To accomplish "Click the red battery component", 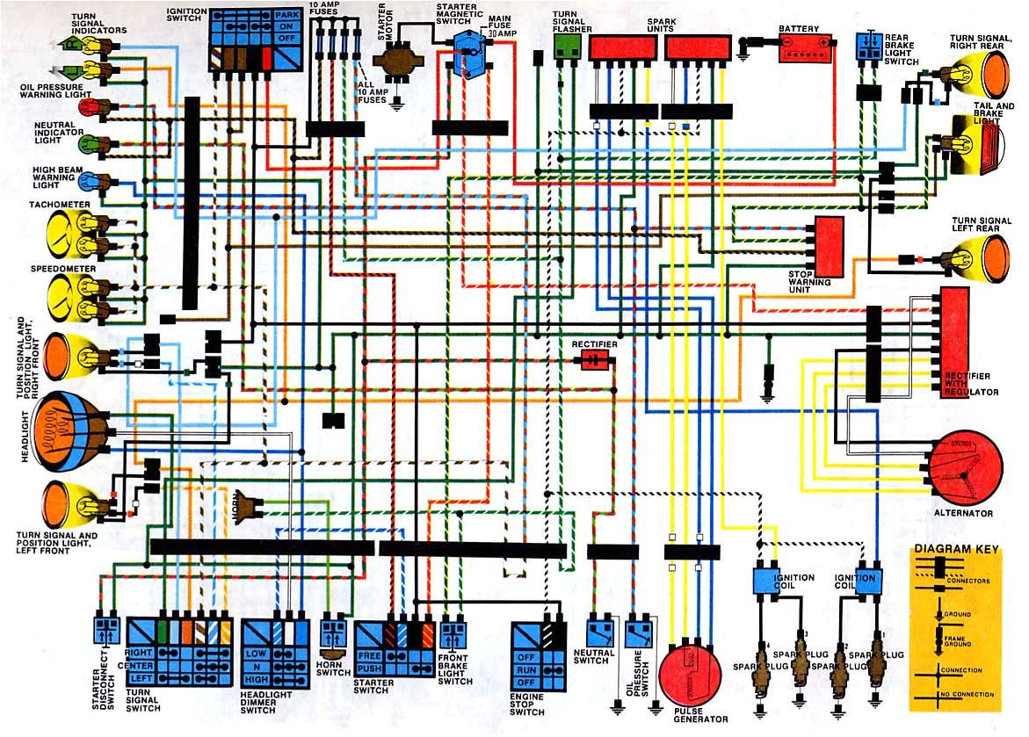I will pyautogui.click(x=806, y=47).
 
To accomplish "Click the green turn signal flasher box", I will pyautogui.click(x=567, y=48).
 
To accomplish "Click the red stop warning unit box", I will pyautogui.click(x=829, y=246).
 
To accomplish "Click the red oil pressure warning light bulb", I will pyautogui.click(x=88, y=108).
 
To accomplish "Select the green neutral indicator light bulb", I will pyautogui.click(x=88, y=142).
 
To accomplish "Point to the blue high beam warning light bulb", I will pyautogui.click(x=88, y=182).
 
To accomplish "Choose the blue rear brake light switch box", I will pyautogui.click(x=868, y=48).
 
